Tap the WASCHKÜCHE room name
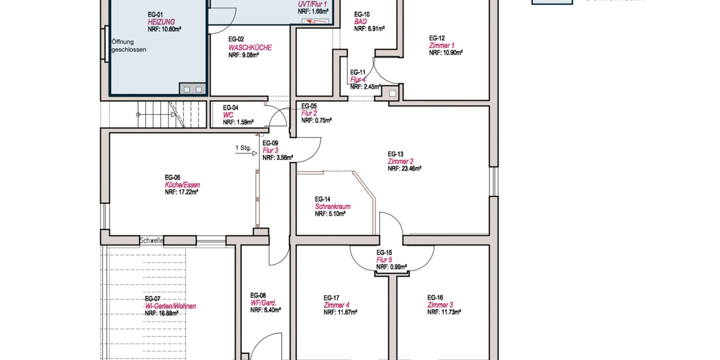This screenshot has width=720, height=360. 250,47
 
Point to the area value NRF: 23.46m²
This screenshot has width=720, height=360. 404,169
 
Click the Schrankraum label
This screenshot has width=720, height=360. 332,206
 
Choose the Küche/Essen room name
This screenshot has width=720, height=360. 182,185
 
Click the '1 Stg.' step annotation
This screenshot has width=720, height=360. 243,147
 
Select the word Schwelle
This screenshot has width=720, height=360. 151,241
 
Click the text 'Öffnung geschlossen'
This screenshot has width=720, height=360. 128,46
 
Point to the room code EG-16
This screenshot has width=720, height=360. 435,298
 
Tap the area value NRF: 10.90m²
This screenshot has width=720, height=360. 445,53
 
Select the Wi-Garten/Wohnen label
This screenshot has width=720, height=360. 170,306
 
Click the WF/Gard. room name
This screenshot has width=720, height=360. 263,302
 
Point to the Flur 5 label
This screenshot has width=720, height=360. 384,260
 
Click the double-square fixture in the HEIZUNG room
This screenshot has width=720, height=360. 192,89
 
